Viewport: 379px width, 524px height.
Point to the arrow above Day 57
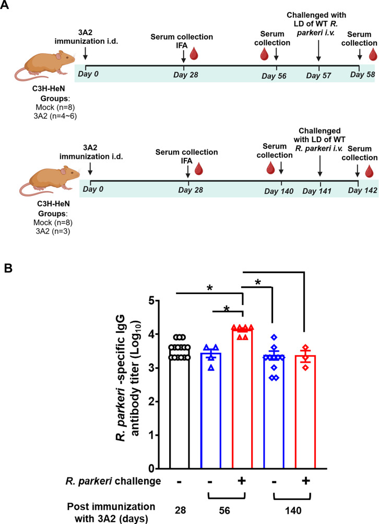[x=318, y=55]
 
